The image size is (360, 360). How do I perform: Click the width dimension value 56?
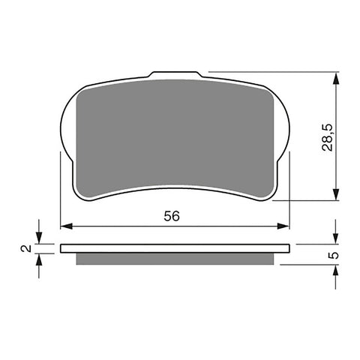(x=172, y=216)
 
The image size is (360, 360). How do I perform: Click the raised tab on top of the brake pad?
(x=177, y=76)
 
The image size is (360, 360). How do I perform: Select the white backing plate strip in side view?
(x=174, y=248)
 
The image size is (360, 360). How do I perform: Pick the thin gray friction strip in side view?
(x=174, y=259)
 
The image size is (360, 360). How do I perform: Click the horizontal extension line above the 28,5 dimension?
(x=270, y=71)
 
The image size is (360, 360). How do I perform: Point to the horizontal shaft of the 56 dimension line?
(x=120, y=225)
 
